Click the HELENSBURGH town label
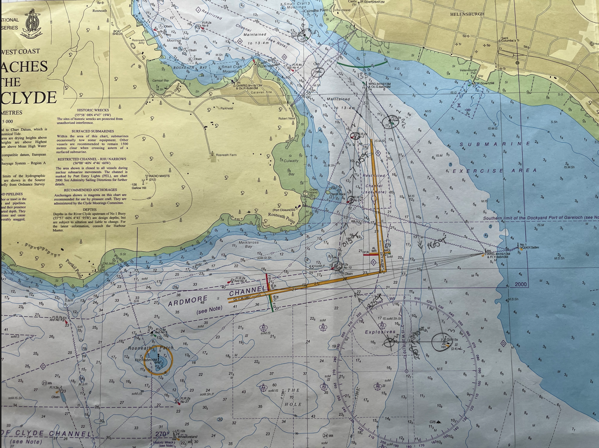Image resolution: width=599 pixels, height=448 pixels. [467, 14]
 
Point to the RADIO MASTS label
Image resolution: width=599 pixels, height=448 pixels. [159, 176]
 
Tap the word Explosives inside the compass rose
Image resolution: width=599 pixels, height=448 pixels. [380, 332]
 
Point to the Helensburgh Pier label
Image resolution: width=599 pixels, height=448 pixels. [469, 71]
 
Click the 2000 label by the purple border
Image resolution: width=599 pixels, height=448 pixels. [521, 284]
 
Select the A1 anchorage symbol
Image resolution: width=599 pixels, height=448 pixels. [264, 328]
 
